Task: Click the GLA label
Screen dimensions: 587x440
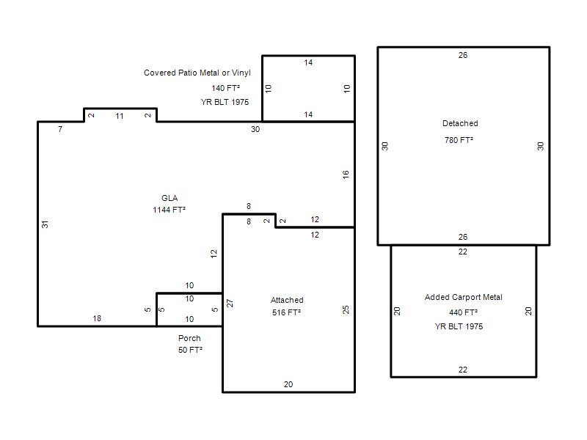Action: pyautogui.click(x=169, y=198)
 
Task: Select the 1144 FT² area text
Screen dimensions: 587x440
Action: pyautogui.click(x=169, y=210)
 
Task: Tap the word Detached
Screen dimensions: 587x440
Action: pyautogui.click(x=460, y=123)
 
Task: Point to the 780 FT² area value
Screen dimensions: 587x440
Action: pyautogui.click(x=459, y=140)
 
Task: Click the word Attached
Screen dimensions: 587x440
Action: pyautogui.click(x=287, y=300)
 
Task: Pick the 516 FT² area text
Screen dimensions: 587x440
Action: pyautogui.click(x=287, y=312)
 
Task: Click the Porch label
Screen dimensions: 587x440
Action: pyautogui.click(x=189, y=338)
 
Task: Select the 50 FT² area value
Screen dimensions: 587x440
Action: pyautogui.click(x=190, y=350)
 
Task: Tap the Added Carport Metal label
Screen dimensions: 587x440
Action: pyautogui.click(x=464, y=297)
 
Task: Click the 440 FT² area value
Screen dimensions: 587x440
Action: pyautogui.click(x=464, y=312)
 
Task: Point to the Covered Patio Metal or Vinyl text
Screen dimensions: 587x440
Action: pyautogui.click(x=197, y=73)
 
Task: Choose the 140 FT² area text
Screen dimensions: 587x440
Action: pyautogui.click(x=226, y=88)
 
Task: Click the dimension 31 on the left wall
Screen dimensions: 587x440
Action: pyautogui.click(x=45, y=224)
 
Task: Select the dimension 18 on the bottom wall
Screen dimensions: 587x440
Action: pyautogui.click(x=97, y=318)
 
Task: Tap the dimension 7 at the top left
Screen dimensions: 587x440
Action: pyautogui.click(x=60, y=130)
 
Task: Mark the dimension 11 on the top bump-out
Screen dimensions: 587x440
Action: pyautogui.click(x=120, y=116)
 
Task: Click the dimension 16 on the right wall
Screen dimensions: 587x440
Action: pyautogui.click(x=346, y=175)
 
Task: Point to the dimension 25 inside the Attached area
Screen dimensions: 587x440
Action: pyautogui.click(x=346, y=309)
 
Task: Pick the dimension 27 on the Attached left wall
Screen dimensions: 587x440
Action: pyautogui.click(x=230, y=303)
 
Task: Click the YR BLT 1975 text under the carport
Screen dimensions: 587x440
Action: pyautogui.click(x=459, y=326)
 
